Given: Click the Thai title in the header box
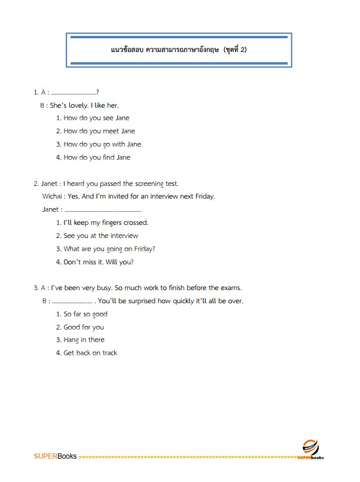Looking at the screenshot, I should point(179,50).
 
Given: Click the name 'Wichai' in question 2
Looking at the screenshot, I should point(53,196).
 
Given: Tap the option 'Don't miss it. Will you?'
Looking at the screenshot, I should point(98,262).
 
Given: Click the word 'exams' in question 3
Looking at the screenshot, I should point(231,288).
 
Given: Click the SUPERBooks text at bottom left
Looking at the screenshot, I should point(55,457).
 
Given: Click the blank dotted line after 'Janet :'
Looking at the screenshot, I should point(102,210).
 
